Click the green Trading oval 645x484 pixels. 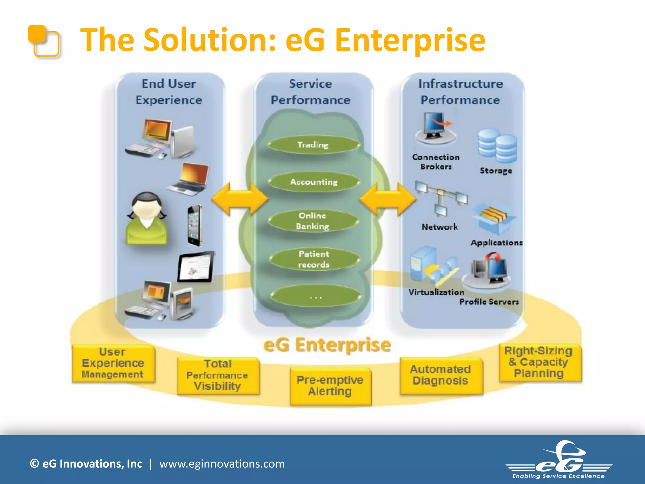pyautogui.click(x=314, y=145)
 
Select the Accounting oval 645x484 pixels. pyautogui.click(x=314, y=182)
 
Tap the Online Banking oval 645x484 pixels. pyautogui.click(x=313, y=221)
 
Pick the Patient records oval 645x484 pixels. pyautogui.click(x=314, y=259)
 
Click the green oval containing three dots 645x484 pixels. pyautogui.click(x=315, y=297)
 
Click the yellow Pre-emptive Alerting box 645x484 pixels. pyautogui.click(x=330, y=386)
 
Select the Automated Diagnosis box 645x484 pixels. pyautogui.click(x=441, y=375)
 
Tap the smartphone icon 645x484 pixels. pyautogui.click(x=194, y=225)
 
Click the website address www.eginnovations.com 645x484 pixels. pyautogui.click(x=222, y=464)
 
